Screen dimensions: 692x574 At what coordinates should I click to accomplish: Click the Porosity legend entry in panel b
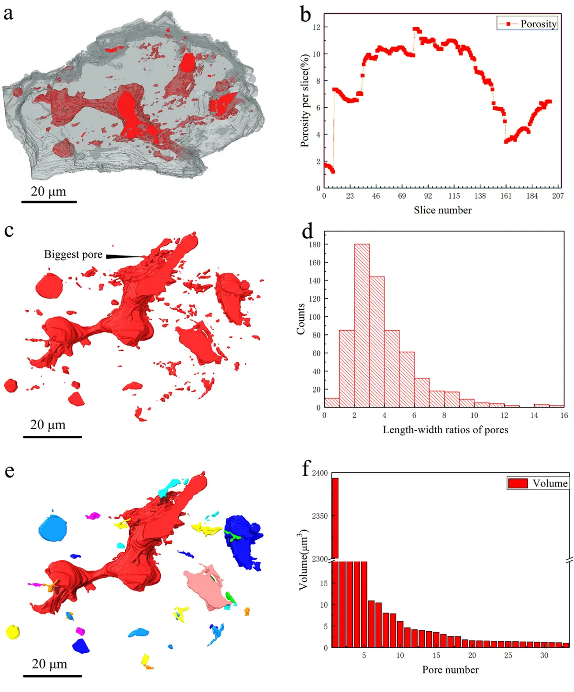tap(528, 23)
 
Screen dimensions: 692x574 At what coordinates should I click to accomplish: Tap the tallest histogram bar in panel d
tap(362, 325)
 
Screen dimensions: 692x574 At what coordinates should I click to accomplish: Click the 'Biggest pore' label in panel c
tap(73, 255)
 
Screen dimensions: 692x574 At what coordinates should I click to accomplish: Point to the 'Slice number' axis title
tap(442, 210)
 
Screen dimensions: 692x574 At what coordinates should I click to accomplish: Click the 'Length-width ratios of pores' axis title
tap(445, 430)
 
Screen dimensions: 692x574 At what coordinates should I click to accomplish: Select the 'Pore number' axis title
tap(450, 670)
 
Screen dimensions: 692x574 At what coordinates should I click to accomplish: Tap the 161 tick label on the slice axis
tap(506, 196)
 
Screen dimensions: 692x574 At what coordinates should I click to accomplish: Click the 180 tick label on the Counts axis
tap(315, 245)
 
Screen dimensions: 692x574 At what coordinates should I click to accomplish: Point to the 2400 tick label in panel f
tap(320, 473)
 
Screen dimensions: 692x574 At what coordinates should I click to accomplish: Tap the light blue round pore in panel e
tap(53, 528)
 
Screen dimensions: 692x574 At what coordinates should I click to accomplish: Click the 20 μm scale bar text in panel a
tap(48, 191)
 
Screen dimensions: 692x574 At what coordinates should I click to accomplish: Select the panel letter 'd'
tap(308, 231)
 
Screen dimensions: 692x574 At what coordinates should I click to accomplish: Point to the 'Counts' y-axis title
tap(301, 319)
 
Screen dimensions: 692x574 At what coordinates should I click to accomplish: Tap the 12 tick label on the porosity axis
tap(317, 27)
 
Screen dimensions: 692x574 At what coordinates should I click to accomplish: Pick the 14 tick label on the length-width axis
tap(534, 415)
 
